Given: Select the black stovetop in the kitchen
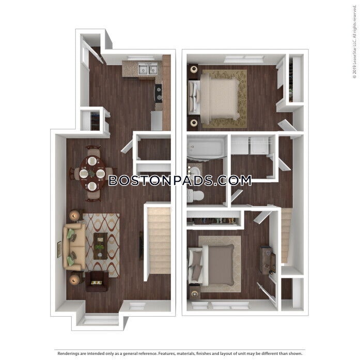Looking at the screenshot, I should pos(159,93).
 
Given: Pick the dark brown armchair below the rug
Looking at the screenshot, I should pos(97,281).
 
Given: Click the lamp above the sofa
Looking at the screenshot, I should pos(75,215).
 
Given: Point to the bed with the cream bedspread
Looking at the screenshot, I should pos(217,98).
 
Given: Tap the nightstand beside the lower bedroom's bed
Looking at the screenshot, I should pos(195,293).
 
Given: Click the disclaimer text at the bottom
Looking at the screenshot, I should pos(180,353).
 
